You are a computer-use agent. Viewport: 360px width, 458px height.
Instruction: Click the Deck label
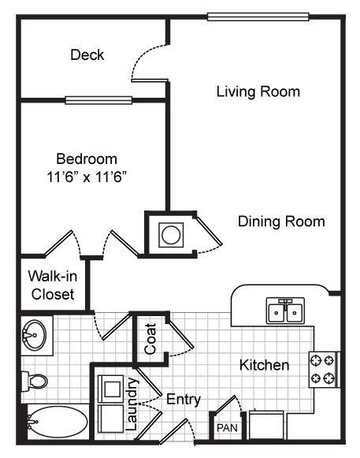point(87,55)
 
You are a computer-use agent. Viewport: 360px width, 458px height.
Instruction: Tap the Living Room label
point(258,91)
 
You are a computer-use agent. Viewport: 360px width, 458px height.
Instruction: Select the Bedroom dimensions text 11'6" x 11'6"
point(87,177)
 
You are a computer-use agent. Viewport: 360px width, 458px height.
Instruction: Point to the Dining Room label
point(281,222)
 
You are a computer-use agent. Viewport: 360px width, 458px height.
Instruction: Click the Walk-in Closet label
point(53,285)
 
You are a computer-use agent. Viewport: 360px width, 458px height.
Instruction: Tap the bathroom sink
point(35,335)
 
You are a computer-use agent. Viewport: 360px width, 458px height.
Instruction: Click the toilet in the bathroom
point(35,381)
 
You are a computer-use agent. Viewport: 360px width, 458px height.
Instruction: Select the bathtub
point(58,422)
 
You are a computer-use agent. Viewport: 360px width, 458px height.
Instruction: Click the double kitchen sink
point(285,311)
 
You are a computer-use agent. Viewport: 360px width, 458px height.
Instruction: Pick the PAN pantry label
point(227,428)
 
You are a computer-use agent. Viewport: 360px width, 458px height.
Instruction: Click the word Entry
point(184,400)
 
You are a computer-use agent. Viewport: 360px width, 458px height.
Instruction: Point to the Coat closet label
point(150,339)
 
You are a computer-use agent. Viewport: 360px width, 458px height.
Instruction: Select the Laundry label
point(132,404)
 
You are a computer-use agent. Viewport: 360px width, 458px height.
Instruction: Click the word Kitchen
point(264,365)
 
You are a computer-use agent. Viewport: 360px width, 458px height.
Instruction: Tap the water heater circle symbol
point(171,235)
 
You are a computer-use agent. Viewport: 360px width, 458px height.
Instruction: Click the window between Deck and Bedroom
point(98,100)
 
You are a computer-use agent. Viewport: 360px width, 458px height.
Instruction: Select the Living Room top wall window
point(258,17)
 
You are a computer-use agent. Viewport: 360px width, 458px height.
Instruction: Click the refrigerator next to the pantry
point(266,425)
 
